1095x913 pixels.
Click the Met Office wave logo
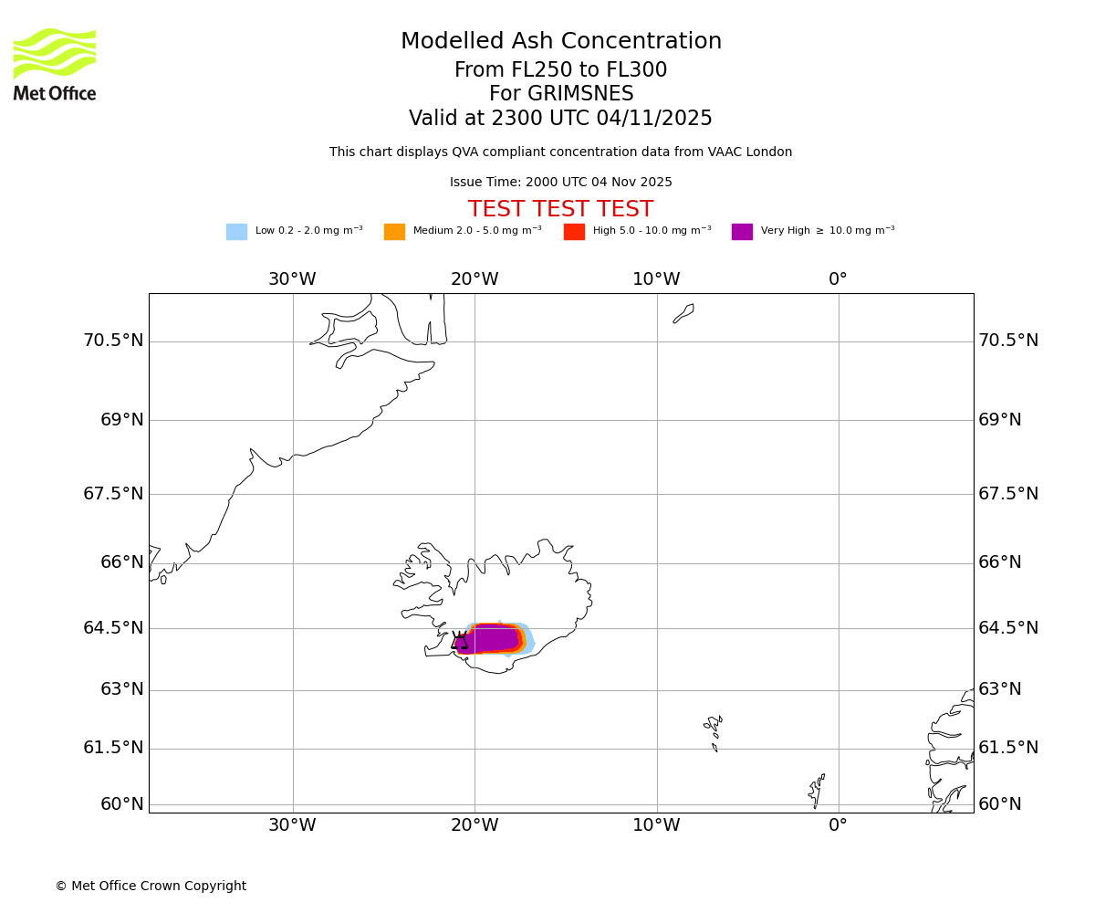55,53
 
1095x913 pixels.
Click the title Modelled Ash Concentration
561,42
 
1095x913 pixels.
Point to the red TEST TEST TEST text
560,210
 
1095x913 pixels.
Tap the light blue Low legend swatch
236,232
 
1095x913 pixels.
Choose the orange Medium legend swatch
394,232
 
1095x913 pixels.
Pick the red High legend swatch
574,232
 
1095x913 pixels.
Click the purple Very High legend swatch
742,232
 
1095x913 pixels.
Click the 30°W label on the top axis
292,279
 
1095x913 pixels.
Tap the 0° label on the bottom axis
838,825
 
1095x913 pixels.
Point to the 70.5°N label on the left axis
113,341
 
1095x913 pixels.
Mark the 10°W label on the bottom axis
656,825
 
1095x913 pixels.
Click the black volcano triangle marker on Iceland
459,641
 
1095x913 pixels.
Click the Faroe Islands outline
714,731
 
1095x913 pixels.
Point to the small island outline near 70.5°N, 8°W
683,313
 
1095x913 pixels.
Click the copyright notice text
151,887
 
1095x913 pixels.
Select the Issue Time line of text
560,183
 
